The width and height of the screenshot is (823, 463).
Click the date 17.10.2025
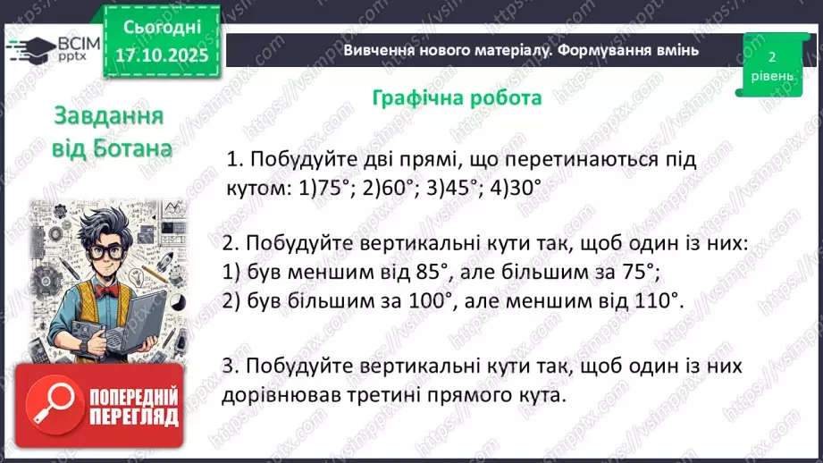tap(160, 55)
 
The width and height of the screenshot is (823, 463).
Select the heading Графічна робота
tap(457, 97)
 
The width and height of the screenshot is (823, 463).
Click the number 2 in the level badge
tap(771, 56)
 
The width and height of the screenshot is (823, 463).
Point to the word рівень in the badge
tap(771, 76)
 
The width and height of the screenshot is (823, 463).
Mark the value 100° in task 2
tap(423, 301)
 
